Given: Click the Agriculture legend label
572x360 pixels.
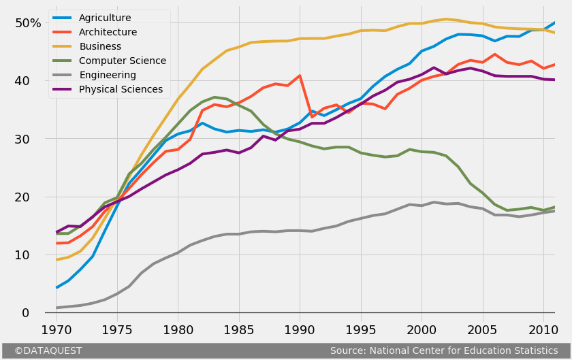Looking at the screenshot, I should click(x=105, y=18).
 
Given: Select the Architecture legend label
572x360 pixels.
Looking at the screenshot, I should click(x=108, y=32).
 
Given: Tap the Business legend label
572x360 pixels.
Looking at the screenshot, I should click(x=100, y=46).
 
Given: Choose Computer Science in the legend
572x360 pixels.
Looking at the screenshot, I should click(x=123, y=61).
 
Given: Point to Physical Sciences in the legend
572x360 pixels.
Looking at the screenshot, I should click(x=121, y=89).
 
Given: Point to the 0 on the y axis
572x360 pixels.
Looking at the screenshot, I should click(x=26, y=313).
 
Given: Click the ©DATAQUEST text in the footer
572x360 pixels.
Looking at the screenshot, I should click(x=48, y=350).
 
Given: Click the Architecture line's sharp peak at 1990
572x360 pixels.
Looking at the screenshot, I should click(x=300, y=76).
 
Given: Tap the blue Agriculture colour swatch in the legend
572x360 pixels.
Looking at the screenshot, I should click(x=62, y=18).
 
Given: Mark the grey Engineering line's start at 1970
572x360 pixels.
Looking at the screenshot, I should click(x=57, y=308).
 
